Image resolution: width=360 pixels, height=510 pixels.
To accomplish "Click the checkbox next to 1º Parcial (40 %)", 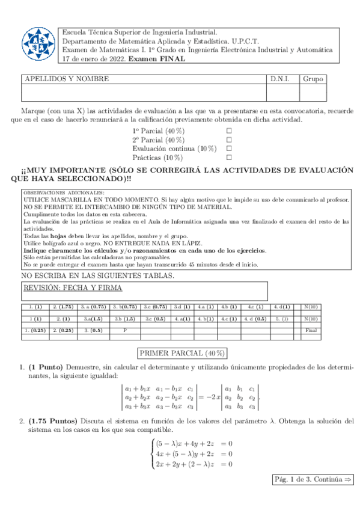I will point(229,130).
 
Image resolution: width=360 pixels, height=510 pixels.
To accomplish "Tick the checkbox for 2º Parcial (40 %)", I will point(229,139).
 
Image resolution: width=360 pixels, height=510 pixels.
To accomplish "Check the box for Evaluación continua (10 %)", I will point(229,148).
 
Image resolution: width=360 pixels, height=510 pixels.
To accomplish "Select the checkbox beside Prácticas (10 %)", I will point(229,157).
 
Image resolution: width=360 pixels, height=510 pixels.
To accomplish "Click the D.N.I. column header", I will point(280,79).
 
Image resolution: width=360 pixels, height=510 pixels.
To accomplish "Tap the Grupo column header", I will point(313,79).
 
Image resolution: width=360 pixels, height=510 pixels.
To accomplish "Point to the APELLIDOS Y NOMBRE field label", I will point(66,79).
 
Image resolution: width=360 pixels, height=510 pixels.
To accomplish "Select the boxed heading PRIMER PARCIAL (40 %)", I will point(182,353).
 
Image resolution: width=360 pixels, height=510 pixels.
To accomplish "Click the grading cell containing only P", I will point(125,330).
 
